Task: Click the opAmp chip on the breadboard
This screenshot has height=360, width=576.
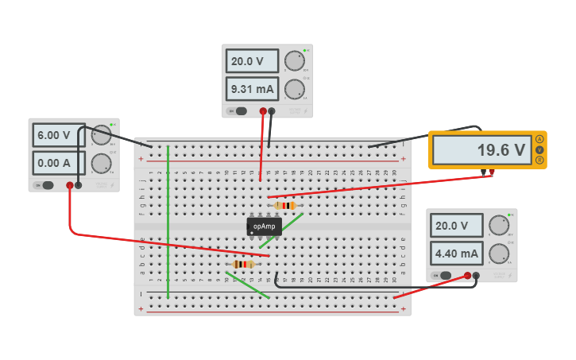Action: click(264, 226)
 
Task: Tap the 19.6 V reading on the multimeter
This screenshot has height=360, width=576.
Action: click(481, 150)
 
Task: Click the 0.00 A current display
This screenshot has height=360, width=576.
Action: click(58, 163)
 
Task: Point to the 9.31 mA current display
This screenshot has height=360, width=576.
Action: click(252, 88)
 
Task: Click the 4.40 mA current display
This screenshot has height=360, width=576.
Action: click(456, 254)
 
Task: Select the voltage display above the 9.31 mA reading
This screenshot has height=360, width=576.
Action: click(252, 61)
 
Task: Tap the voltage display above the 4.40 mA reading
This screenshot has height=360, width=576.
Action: click(456, 226)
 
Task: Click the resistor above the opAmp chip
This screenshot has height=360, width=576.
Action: click(285, 206)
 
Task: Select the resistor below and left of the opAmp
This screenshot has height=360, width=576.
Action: click(243, 264)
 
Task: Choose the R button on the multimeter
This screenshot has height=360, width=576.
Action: click(540, 161)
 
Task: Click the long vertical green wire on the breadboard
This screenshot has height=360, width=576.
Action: click(168, 223)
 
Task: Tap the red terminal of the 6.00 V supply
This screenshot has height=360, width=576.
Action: click(70, 185)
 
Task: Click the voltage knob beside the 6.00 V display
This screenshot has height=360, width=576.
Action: click(101, 136)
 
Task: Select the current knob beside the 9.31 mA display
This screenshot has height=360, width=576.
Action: click(294, 88)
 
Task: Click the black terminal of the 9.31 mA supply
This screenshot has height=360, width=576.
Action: click(272, 111)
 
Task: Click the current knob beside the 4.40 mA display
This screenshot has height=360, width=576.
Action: click(498, 254)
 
